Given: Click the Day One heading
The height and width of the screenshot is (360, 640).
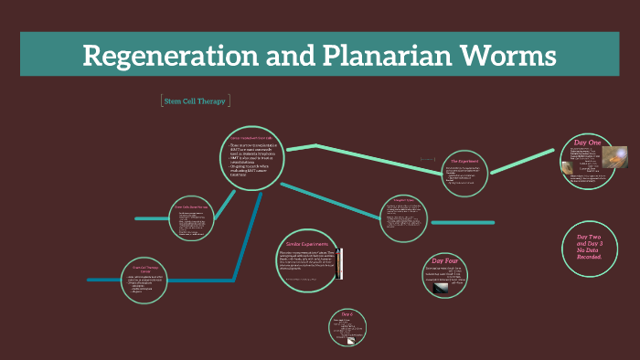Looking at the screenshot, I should [586, 143].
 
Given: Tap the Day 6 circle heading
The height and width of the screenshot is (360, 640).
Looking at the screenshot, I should [347, 314].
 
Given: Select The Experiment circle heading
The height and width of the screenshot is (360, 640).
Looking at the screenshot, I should [465, 161].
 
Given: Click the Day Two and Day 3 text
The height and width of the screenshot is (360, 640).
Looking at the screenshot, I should [589, 248].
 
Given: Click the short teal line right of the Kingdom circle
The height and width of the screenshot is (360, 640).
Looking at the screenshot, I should [462, 222].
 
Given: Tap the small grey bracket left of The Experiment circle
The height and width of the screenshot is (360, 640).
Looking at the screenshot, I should [427, 158].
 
